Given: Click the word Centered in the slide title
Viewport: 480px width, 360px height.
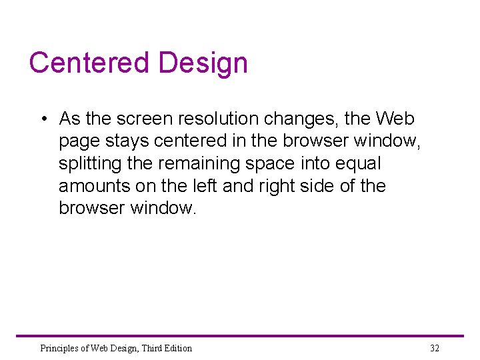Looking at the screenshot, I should point(90,63).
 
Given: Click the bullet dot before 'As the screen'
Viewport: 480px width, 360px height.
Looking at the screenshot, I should point(42,119).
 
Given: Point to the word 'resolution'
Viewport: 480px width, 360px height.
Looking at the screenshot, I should point(220,119).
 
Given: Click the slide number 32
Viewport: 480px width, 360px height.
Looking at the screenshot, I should point(435,348).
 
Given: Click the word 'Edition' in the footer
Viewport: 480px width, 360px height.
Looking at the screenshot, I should point(177,348).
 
